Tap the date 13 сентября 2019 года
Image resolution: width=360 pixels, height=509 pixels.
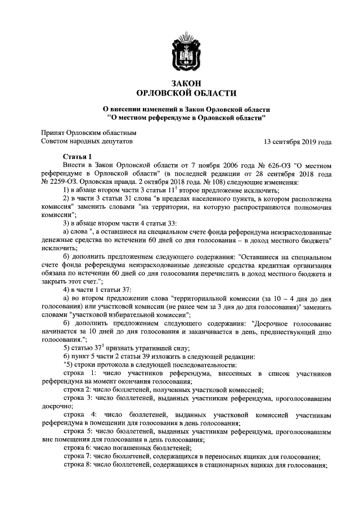tap(297, 142)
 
